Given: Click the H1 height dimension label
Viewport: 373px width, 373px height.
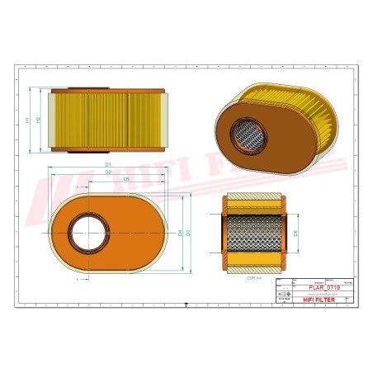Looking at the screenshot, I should pos(27,120).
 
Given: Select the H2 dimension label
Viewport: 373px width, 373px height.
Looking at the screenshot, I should pos(38,120).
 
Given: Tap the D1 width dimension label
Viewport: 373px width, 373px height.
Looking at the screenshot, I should pos(108,165).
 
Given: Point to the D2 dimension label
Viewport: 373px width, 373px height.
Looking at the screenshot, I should pos(108,172).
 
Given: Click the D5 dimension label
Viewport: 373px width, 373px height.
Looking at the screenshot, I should pos(125,178).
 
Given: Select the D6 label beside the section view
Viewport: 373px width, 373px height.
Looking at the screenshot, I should pos(296,234).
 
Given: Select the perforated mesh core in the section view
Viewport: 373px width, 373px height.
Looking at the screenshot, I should pos(253,234).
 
